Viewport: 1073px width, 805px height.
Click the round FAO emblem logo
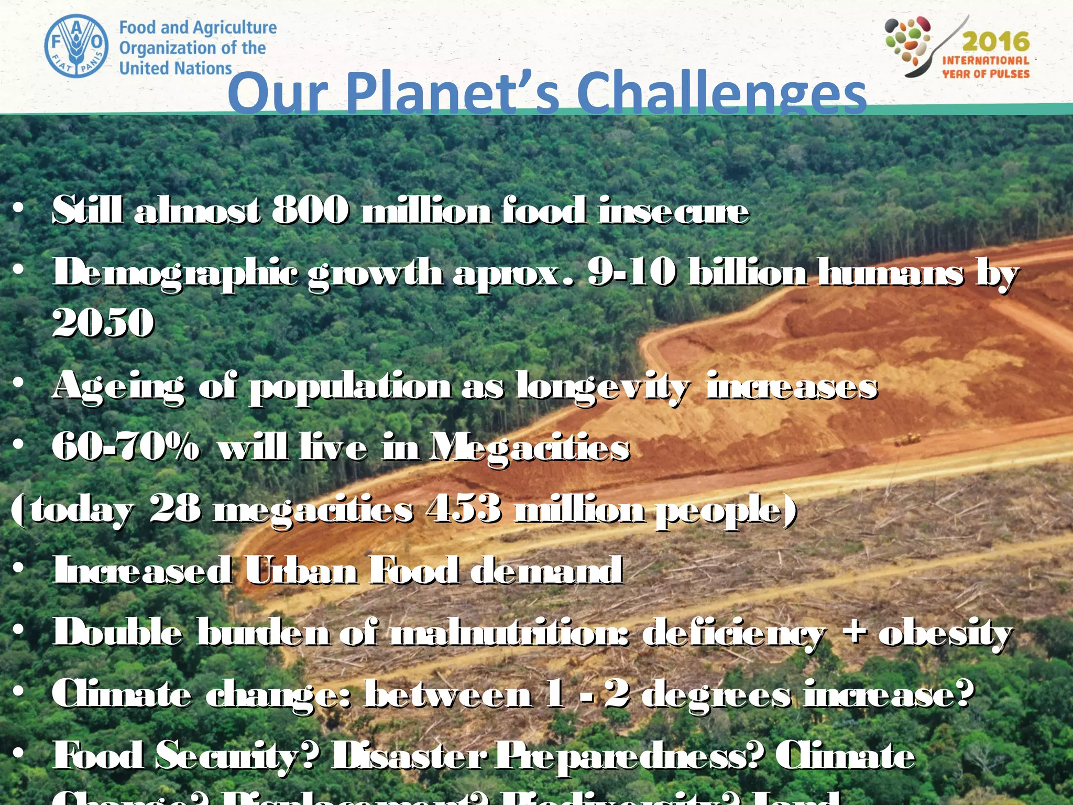tap(76, 46)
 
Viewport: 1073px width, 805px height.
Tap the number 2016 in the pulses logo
tap(995, 41)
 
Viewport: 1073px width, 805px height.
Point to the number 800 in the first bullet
tap(311, 210)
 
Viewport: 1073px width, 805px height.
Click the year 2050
tap(103, 322)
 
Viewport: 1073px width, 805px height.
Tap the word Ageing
tap(118, 387)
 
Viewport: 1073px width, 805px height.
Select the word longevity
tap(603, 387)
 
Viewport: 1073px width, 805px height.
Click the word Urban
tap(302, 570)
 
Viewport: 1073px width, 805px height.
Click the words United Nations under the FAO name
tap(176, 68)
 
